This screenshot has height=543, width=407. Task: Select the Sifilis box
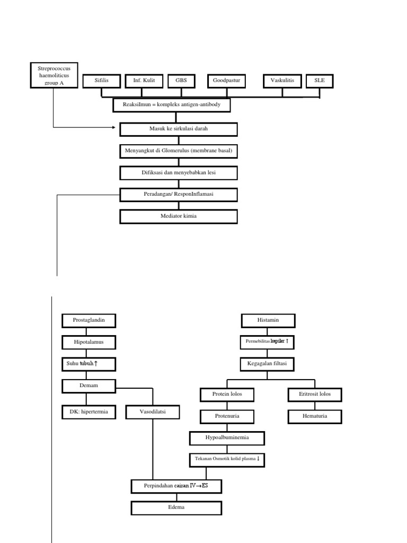tap(101, 81)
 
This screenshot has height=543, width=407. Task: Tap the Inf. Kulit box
tap(144, 81)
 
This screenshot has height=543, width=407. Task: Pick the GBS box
tap(181, 81)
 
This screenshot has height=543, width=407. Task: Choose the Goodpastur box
tap(227, 81)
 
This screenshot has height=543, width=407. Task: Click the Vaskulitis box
tap(282, 81)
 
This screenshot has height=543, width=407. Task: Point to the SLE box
tap(320, 81)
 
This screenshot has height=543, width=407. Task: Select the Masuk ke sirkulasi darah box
tap(179, 129)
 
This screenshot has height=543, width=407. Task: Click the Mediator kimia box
tap(179, 216)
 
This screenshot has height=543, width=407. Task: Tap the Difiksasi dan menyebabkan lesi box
tap(179, 173)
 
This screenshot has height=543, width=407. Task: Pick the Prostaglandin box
tap(88, 321)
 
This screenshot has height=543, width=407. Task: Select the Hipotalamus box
tap(88, 343)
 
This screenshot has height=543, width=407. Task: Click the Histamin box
tap(268, 321)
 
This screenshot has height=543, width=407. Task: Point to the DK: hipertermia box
tap(88, 411)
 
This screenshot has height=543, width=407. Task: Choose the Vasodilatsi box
tap(153, 411)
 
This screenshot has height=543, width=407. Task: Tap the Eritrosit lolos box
tap(315, 395)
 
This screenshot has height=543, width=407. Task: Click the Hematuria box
tap(315, 417)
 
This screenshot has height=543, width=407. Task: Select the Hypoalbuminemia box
tap(227, 438)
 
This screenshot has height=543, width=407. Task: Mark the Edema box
tap(176, 508)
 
